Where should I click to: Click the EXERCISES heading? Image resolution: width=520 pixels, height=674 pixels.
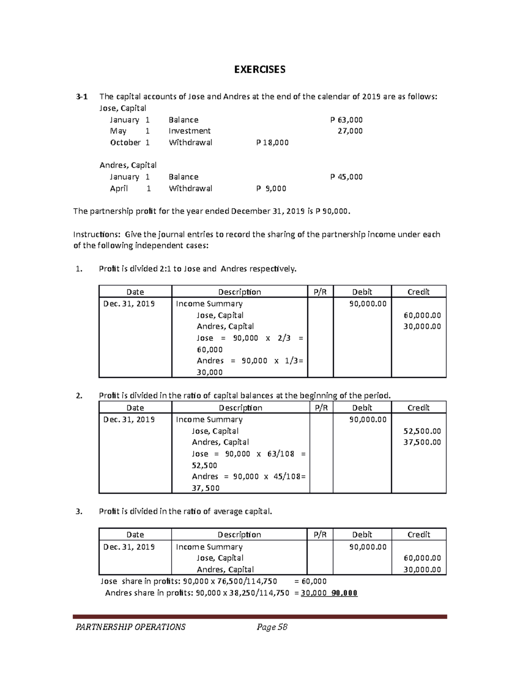coord(260,70)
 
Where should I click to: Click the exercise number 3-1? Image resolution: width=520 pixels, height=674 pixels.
coord(81,97)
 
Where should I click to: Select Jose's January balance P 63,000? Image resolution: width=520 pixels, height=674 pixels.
coord(346,120)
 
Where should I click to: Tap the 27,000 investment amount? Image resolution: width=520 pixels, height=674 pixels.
coord(350,131)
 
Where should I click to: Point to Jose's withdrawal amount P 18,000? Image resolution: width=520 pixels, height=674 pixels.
coord(272,142)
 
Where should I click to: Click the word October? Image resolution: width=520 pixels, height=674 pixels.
coord(125,142)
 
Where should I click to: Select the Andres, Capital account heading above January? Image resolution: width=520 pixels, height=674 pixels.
coord(128,165)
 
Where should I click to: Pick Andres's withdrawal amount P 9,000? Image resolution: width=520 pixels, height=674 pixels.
coord(271,188)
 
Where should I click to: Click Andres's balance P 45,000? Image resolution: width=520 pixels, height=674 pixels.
coord(346,177)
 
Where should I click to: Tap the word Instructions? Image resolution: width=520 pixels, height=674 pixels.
coord(97,234)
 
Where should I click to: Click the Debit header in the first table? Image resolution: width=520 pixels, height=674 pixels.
coord(362,292)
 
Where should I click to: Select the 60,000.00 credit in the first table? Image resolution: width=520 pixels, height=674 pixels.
coord(422,316)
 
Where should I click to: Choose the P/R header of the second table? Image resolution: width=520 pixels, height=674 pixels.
coord(321,408)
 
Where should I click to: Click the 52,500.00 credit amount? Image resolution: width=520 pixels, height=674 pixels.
coord(422,431)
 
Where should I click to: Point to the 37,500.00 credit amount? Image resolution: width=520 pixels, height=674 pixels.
coord(422,442)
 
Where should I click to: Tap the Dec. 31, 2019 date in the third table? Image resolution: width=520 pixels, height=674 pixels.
coord(129,547)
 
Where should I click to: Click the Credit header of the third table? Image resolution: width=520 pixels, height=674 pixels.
coord(419,535)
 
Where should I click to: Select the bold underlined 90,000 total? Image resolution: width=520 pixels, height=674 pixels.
coord(344,593)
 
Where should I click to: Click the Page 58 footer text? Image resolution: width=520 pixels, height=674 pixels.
coord(272,627)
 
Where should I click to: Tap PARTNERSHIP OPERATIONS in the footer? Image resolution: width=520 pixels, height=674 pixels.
coord(130,627)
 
